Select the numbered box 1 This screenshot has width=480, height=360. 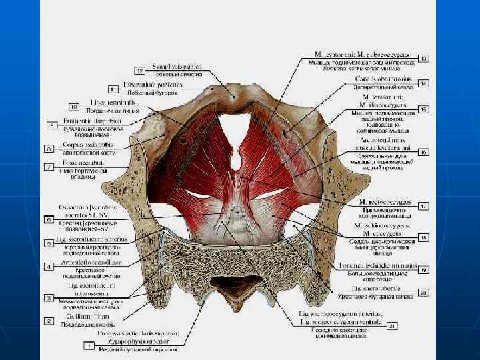tap(87, 346)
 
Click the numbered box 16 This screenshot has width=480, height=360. tap(423, 152)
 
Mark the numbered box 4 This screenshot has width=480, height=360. tap(49, 267)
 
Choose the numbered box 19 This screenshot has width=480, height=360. tap(423, 269)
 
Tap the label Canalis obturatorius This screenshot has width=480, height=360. tap(383, 78)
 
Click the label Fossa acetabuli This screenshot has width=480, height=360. tap(83, 163)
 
